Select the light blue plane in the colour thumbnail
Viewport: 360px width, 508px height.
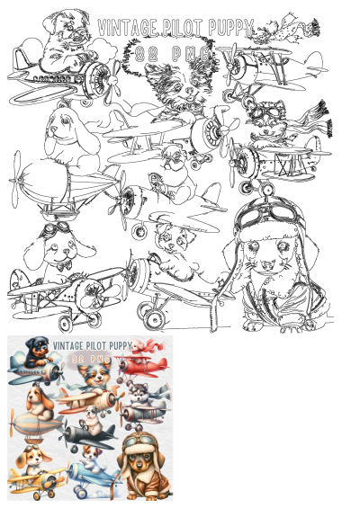(90, 475)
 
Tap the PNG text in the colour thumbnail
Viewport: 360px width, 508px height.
(101, 359)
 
